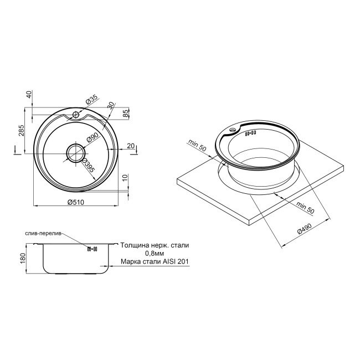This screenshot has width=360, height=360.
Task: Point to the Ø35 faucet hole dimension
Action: [91, 100]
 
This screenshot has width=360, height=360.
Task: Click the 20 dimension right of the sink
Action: [130, 146]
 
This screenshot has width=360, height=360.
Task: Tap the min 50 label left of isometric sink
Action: [197, 146]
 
